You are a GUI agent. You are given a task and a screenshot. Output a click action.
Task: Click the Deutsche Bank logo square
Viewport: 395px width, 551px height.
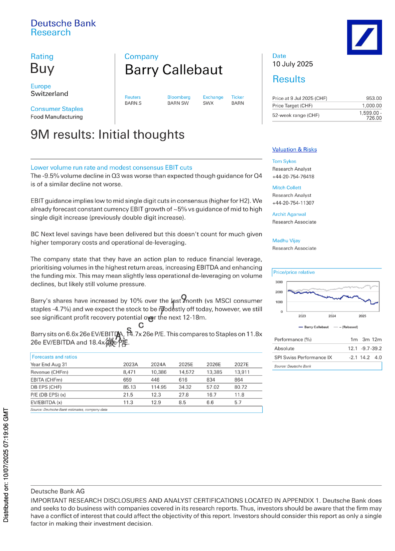(x=364, y=37)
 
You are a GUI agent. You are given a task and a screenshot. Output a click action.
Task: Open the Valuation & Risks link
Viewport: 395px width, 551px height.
(x=294, y=150)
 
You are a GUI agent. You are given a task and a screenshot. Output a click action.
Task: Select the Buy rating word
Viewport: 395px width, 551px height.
(x=42, y=69)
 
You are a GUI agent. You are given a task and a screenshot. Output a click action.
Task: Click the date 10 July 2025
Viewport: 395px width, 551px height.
(x=292, y=64)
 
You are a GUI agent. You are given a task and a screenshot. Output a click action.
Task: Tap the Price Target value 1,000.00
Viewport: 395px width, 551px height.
(x=372, y=106)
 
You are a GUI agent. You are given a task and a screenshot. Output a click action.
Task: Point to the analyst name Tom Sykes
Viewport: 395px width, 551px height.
(x=284, y=161)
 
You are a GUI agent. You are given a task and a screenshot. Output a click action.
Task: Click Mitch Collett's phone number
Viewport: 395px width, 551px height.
(x=293, y=203)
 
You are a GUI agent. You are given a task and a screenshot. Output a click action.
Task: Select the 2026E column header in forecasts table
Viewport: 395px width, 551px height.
(x=213, y=364)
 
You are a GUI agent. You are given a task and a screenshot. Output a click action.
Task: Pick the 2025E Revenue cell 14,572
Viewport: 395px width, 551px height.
(x=186, y=372)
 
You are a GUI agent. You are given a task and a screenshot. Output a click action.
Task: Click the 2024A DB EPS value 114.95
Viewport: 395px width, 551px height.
(x=159, y=387)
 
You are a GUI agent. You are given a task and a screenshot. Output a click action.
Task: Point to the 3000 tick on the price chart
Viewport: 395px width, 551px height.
(x=279, y=282)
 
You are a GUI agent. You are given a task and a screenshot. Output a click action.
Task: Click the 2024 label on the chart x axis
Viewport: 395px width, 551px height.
(x=332, y=316)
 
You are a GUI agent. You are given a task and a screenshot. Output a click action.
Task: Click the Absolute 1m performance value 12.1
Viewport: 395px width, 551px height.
(x=352, y=348)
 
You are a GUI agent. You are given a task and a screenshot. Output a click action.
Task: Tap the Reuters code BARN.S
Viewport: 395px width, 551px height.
(x=133, y=103)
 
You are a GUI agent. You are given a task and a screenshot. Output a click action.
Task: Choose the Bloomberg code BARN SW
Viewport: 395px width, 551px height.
(x=178, y=103)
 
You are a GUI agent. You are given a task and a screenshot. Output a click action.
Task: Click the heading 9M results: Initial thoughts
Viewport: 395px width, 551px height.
(x=107, y=135)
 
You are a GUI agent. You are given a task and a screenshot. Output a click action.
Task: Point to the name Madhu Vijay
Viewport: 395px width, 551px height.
(x=286, y=241)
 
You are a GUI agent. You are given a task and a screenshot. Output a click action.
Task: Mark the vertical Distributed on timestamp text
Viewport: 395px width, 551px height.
(x=6, y=465)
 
